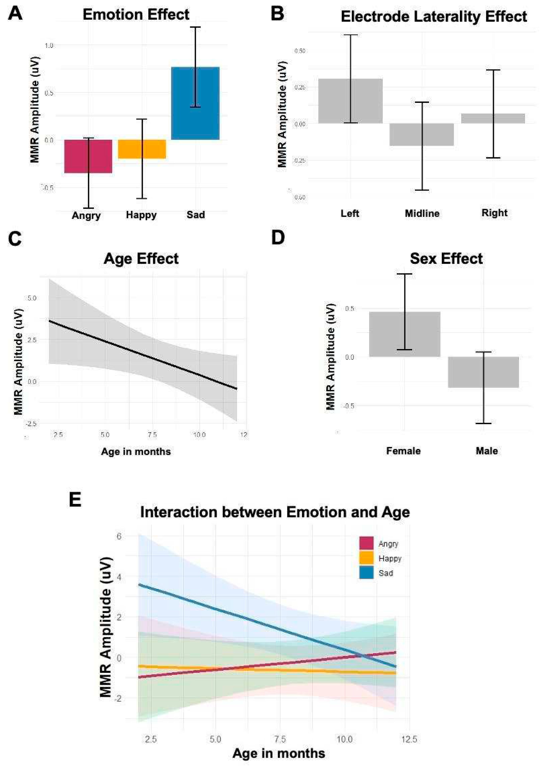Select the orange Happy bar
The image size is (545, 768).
coord(142,149)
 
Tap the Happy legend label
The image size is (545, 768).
coord(390,558)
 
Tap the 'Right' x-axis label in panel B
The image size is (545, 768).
coord(494,213)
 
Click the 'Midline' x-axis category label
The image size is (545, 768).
coord(422,214)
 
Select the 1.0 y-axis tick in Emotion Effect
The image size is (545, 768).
coord(49,45)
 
